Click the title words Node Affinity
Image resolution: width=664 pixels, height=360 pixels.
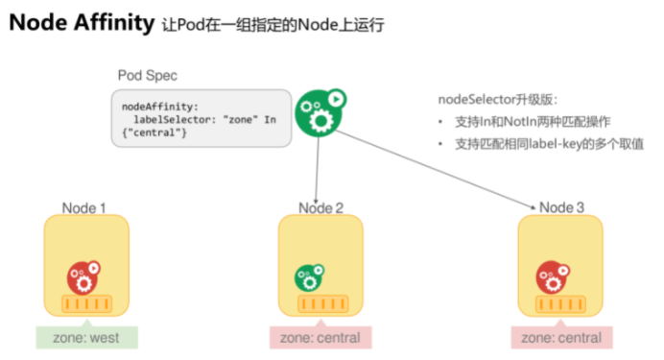coord(82,22)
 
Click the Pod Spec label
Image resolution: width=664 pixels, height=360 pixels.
coord(148,76)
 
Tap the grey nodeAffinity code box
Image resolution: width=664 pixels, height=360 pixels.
coord(202,118)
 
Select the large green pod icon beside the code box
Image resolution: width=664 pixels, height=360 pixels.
coord(320,112)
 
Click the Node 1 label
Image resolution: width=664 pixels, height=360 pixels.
coord(83,208)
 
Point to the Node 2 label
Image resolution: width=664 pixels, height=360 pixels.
coord(321,208)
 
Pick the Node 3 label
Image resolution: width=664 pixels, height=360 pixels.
coord(561,207)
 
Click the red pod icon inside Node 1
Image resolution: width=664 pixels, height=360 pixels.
coord(83,277)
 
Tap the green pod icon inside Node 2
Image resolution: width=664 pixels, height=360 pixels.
coord(309,277)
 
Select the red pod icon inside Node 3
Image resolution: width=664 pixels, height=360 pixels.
coord(553,277)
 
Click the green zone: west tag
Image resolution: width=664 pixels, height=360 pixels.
coord(86,337)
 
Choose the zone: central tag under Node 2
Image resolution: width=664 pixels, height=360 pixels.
coord(320,337)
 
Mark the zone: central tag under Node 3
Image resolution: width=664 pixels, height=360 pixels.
coord(561,337)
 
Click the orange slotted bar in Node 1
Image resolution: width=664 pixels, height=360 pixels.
coord(86,303)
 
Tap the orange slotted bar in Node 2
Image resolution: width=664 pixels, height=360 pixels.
coord(323,303)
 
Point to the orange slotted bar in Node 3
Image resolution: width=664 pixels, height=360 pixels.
coord(560,303)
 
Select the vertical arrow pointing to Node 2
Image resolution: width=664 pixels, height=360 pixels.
coord(318,170)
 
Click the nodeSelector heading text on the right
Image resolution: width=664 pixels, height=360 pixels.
coord(498,100)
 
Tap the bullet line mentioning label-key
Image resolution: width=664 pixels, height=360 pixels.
coord(549,144)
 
